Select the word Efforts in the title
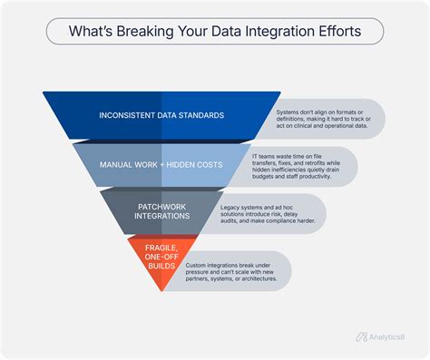[x=334, y=32]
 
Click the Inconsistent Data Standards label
[x=161, y=115]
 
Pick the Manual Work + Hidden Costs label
[x=161, y=165]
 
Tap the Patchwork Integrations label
[x=161, y=211]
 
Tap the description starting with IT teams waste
[x=299, y=165]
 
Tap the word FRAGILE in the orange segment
[x=160, y=246]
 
